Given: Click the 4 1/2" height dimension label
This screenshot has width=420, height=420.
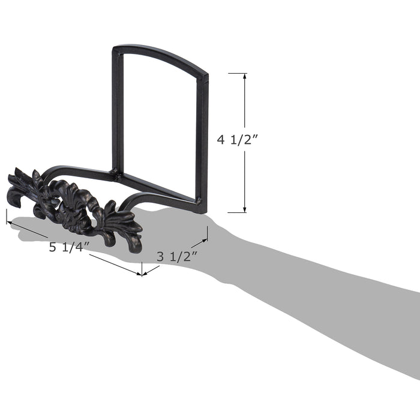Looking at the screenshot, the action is [x=237, y=140].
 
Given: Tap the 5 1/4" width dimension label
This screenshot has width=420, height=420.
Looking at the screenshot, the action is [x=69, y=247].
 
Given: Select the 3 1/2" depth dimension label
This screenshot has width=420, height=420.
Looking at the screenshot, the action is [x=177, y=256].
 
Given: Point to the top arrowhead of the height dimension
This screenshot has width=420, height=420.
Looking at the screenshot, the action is [x=244, y=76].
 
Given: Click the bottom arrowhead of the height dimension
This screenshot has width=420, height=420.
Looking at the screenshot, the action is [x=245, y=209].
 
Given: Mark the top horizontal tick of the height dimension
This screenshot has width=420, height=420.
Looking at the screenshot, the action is [x=238, y=73].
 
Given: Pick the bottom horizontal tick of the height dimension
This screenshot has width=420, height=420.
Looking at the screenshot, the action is [x=237, y=212].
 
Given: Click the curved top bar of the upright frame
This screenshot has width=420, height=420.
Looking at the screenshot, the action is [x=161, y=55].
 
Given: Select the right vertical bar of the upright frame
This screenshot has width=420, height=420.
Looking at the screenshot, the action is [x=202, y=142].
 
